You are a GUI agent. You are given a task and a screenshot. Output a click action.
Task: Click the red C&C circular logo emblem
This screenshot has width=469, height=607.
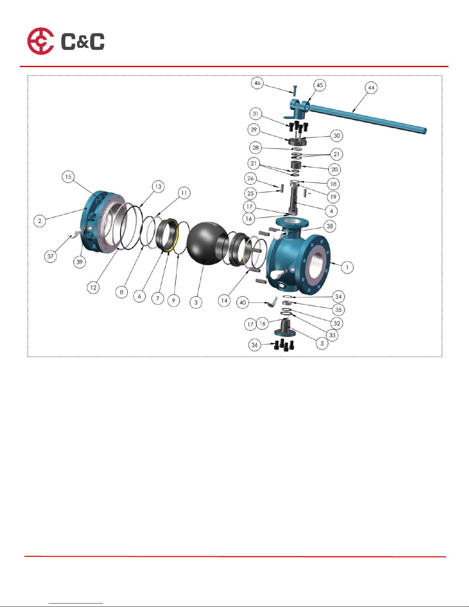pos(41,41)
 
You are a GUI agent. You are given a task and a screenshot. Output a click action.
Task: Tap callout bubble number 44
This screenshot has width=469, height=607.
pos(371,88)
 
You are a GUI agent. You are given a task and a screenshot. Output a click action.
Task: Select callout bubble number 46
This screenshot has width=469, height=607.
pos(257,83)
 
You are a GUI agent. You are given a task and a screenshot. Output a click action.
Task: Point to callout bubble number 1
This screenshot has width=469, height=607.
pos(347,267)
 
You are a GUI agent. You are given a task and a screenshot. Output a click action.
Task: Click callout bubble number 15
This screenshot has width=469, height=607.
pos(68,177)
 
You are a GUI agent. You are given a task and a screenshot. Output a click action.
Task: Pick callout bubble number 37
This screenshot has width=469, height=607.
pos(50,256)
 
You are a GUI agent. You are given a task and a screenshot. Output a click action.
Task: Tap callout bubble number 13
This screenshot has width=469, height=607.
pos(158,187)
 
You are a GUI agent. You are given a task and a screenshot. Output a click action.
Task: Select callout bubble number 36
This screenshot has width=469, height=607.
pos(255,345)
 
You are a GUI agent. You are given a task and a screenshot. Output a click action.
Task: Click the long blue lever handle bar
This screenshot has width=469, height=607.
pos(368,119)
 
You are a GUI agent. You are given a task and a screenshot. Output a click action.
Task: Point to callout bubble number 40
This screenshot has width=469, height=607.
pos(243,302)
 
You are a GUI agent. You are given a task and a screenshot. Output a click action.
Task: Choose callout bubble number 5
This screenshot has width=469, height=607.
pos(322,343)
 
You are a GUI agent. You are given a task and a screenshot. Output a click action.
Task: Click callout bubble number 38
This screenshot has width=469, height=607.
pos(330,226)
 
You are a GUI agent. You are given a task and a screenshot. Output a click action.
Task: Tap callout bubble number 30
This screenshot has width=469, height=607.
pos(337,136)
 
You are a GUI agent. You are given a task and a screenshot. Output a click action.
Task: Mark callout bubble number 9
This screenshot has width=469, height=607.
pos(174,301)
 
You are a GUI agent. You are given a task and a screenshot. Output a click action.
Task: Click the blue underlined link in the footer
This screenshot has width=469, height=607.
pos(76,604)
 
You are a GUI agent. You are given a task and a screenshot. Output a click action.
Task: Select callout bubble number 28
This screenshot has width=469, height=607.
pos(255,147)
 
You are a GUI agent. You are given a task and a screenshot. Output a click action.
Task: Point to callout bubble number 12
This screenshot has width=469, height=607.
pos(93,288)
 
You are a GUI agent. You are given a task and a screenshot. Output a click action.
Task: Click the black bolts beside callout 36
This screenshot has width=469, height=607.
pos(284,345)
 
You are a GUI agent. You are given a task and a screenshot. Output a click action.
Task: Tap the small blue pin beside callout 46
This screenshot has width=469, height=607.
pos(294,90)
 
